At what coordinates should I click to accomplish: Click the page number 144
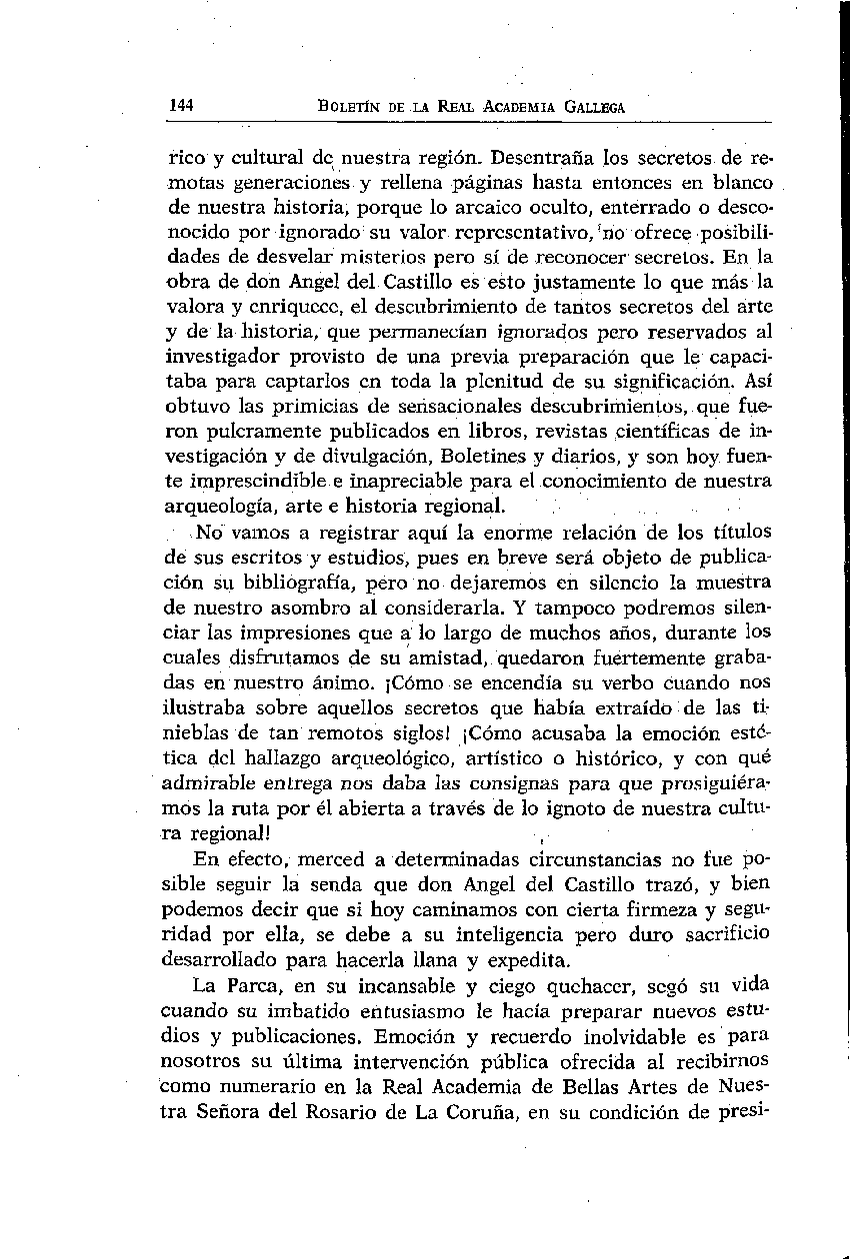pos(181,106)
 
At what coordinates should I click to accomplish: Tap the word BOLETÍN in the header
pos(350,107)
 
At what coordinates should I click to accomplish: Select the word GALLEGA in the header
pos(590,107)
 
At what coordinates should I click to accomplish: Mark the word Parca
pos(259,985)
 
